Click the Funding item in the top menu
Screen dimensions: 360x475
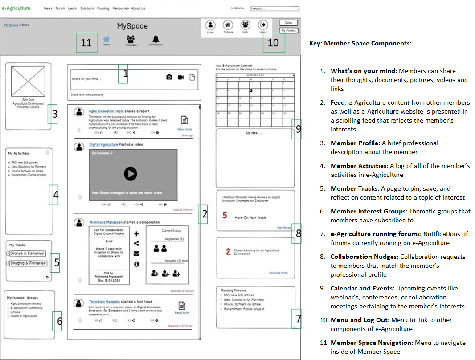tap(103, 8)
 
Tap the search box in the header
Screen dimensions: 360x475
tap(274, 8)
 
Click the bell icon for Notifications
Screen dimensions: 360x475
tap(156, 39)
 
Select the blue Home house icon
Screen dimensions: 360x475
tap(106, 39)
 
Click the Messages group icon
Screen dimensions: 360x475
tap(131, 39)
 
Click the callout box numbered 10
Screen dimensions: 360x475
tap(273, 43)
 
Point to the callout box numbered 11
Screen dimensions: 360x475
tap(86, 43)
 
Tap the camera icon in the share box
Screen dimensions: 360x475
tap(169, 77)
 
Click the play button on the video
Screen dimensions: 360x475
tap(130, 173)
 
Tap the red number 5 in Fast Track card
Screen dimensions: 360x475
tap(225, 215)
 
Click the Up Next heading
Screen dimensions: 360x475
tap(254, 133)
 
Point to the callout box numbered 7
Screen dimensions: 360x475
tap(298, 319)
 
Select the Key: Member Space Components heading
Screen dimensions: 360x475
tap(360, 43)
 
